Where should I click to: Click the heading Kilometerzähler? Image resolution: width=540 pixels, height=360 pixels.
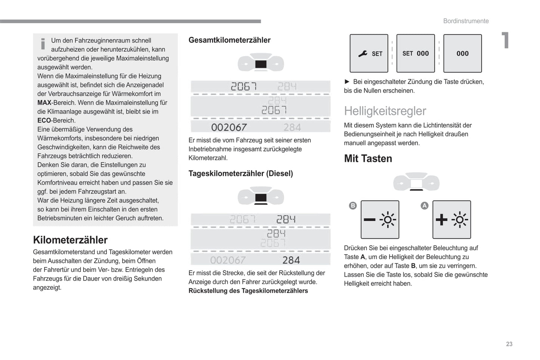point(70,240)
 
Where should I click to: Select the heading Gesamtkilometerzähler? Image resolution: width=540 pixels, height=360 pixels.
point(229,40)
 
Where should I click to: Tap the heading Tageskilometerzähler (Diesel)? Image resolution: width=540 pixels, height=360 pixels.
point(241,173)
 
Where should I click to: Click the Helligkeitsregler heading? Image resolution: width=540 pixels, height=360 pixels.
point(385,111)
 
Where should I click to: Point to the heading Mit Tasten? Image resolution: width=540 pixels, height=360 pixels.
point(368,158)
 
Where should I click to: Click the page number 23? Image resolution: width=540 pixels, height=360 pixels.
point(509,344)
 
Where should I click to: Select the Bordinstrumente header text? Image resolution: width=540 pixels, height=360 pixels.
point(466,21)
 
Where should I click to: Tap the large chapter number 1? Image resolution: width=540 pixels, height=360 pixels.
point(505,40)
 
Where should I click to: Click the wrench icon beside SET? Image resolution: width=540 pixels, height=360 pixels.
point(362,54)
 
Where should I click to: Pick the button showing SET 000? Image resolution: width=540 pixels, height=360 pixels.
point(416,53)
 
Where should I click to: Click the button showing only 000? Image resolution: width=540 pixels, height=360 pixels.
point(462,53)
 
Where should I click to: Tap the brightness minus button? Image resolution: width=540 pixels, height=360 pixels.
point(380,220)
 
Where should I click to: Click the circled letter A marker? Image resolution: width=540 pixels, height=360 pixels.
point(425,205)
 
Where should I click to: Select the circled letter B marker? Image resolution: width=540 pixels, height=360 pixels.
point(353,205)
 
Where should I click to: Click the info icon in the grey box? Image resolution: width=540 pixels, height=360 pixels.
point(43,44)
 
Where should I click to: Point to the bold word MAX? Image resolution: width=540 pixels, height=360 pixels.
point(44,103)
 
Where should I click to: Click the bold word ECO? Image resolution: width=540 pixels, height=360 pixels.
point(44,121)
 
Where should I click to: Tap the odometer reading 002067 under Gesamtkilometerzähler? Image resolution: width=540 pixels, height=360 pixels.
point(229,127)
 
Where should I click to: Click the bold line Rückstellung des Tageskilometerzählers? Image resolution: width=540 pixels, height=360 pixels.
point(248,291)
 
